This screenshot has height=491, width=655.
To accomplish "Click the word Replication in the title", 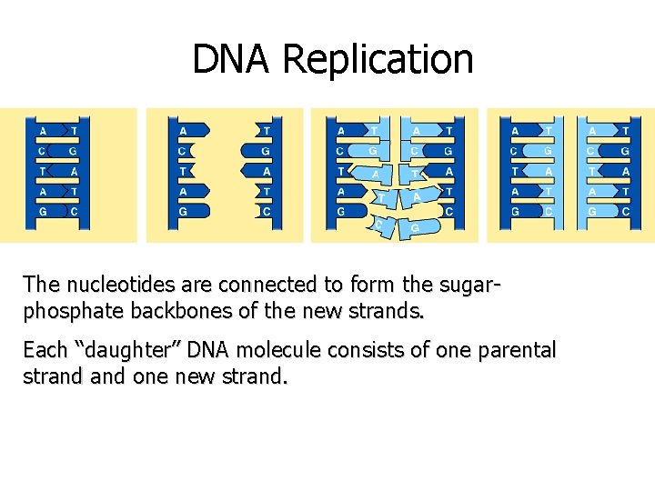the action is pyautogui.click(x=378, y=60).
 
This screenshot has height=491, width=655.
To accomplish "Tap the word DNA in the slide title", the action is pyautogui.click(x=233, y=60).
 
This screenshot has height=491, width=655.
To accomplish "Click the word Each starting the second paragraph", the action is pyautogui.click(x=45, y=350).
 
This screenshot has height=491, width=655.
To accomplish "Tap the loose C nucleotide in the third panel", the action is pyautogui.click(x=381, y=225).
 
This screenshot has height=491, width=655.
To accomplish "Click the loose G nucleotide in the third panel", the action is pyautogui.click(x=415, y=227).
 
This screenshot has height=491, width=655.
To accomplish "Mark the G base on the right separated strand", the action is pyautogui.click(x=265, y=151).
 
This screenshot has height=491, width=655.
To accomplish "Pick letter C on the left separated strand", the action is pyautogui.click(x=184, y=151).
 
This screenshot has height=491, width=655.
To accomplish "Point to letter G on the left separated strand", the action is pyautogui.click(x=184, y=211).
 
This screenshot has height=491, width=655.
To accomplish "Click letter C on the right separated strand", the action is pyautogui.click(x=265, y=211).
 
